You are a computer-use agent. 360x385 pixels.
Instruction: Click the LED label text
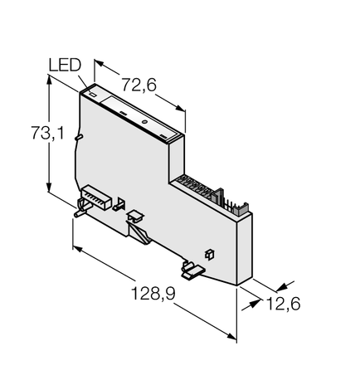coord(65,66)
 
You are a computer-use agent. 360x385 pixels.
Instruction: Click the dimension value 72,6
coord(139,85)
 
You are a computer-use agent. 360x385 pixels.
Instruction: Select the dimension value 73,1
coord(47,133)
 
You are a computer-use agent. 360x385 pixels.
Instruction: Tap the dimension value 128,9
coord(153,294)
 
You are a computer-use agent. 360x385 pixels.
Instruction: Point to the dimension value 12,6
coord(283,304)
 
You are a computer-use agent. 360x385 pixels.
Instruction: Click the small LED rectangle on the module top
coord(93,94)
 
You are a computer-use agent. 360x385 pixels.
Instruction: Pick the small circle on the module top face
coord(144,122)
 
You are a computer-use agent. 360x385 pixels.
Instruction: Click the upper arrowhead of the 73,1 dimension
coord(49,80)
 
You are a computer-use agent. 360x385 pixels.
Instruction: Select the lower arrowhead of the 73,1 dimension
coord(49,186)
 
